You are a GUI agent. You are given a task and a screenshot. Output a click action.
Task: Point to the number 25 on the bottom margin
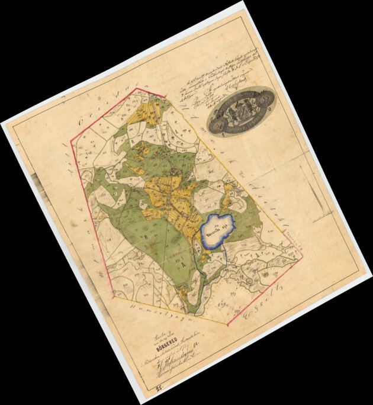[x=159, y=389]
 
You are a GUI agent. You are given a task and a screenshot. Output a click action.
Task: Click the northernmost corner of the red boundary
[x=137, y=89]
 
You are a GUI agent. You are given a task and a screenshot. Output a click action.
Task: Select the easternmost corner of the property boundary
[x=302, y=256]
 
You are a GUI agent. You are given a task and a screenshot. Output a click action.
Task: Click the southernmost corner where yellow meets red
[x=227, y=324]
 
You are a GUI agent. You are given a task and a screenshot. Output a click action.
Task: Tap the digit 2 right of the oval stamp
[x=271, y=109]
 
